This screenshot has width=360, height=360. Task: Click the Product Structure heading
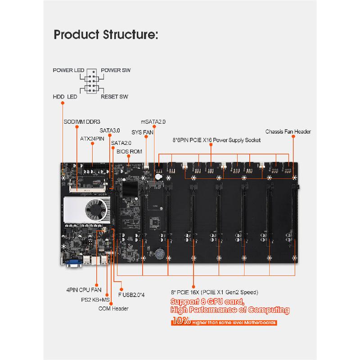click(106, 35)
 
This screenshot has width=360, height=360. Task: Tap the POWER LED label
click(69, 71)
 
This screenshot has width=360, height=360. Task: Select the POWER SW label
click(116, 71)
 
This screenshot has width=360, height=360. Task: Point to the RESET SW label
click(114, 97)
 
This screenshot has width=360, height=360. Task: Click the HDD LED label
click(65, 97)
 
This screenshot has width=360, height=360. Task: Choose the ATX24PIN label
click(92, 139)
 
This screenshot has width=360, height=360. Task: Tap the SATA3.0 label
click(110, 130)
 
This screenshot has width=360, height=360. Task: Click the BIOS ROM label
click(129, 152)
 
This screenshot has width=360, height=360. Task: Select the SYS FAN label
click(143, 132)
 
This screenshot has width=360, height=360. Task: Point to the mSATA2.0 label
click(153, 122)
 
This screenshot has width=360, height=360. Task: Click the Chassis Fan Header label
click(288, 132)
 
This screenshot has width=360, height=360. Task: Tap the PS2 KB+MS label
click(95, 300)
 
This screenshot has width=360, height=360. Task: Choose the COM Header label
click(113, 309)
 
